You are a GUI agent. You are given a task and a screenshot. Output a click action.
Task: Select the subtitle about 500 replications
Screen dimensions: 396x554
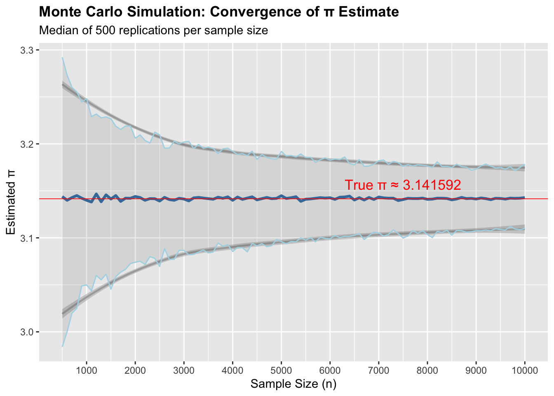[x=153, y=31]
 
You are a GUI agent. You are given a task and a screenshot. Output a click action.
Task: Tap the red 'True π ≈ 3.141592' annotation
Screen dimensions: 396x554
[x=402, y=185]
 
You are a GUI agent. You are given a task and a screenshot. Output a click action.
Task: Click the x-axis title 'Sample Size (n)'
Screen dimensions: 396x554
[x=293, y=384]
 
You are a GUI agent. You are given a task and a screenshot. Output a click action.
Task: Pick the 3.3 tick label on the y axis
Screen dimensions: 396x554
[x=28, y=50]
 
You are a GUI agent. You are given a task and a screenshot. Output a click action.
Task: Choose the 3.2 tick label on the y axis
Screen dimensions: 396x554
[x=28, y=144]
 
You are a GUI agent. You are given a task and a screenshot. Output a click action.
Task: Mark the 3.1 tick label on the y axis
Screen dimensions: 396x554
[x=28, y=238]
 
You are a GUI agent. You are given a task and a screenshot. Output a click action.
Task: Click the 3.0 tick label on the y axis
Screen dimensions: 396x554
[x=28, y=332]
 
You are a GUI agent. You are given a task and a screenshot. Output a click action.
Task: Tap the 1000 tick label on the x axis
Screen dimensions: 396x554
[x=86, y=370]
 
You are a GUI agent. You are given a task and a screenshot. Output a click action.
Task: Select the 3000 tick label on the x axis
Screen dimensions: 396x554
[x=184, y=370]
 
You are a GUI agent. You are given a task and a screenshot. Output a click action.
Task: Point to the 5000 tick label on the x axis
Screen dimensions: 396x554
[x=281, y=370]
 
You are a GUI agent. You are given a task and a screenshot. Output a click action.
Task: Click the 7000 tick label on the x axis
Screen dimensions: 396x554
[x=378, y=370]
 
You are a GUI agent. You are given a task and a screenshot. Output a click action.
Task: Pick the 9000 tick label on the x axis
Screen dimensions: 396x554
[x=476, y=370]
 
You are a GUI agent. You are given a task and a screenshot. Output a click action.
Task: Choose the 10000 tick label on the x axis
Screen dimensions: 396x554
[x=524, y=370]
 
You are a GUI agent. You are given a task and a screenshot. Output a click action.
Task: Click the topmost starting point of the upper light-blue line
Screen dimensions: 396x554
[x=62, y=58]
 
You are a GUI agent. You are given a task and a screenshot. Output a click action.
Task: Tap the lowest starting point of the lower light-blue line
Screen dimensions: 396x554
[x=62, y=346]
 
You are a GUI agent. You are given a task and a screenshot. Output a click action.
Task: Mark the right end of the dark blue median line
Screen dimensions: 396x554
[x=524, y=198]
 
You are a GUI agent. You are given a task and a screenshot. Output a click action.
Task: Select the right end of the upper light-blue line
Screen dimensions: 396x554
[x=524, y=165]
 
